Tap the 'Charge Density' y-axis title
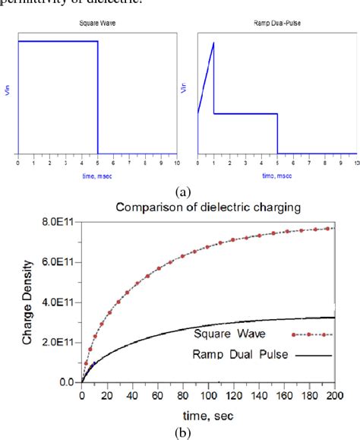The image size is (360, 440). point(25,301)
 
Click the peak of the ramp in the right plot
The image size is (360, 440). point(214,43)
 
